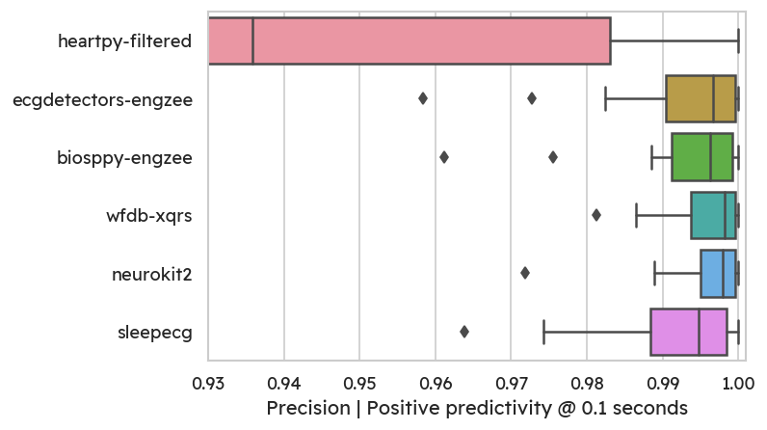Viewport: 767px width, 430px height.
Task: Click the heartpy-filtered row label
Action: pos(125,40)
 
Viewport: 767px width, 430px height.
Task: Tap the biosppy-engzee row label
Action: pos(125,156)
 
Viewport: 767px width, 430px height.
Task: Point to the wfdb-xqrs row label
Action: pos(149,215)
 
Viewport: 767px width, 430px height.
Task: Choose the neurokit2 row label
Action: pos(151,274)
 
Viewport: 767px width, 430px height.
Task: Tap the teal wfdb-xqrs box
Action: pos(713,215)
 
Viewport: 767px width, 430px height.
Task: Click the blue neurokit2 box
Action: pos(718,273)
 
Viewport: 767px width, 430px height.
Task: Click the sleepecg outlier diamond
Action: pos(464,332)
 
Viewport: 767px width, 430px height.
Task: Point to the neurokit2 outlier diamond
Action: pos(525,273)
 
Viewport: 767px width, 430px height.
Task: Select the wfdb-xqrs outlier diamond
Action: pos(596,215)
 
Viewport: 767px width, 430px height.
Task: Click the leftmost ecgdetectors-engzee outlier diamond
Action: pos(423,98)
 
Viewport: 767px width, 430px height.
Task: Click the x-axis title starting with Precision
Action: pos(476,408)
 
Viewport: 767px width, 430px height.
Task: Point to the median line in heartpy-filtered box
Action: pos(252,40)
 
